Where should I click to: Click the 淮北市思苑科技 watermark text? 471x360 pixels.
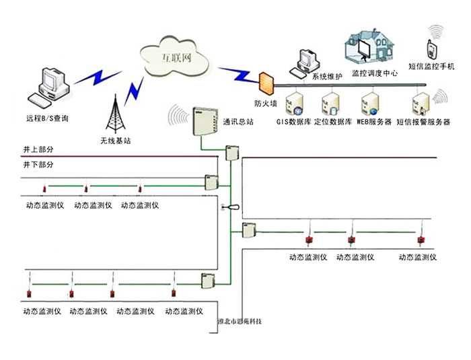click(240, 322)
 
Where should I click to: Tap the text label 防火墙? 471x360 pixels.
click(264, 104)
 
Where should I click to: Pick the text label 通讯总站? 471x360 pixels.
click(239, 122)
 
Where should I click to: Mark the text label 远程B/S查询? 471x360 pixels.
click(47, 118)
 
